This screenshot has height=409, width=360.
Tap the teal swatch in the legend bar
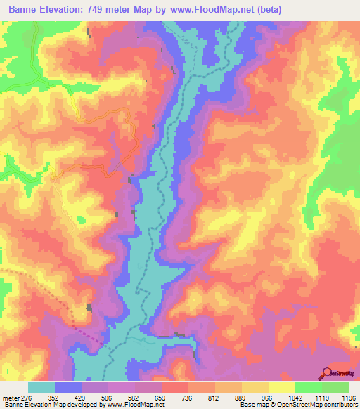click(x=41, y=387)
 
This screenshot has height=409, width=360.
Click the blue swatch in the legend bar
click(x=68, y=387)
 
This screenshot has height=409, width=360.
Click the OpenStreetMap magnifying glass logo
click(x=327, y=372)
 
